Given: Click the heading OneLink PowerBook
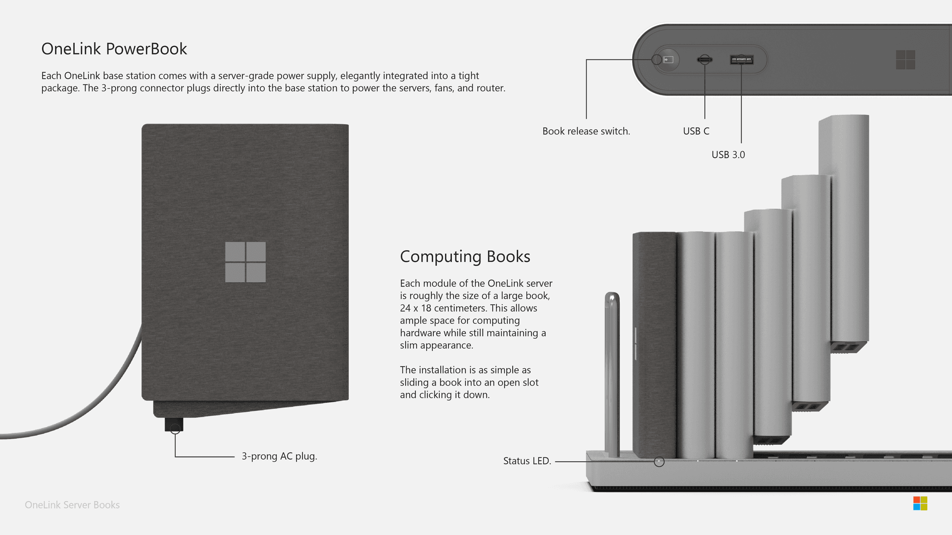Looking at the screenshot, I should [x=114, y=49].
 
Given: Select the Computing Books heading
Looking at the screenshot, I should [x=465, y=256].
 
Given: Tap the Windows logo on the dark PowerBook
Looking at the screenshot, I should [x=245, y=262].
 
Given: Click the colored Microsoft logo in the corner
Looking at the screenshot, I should [x=920, y=503].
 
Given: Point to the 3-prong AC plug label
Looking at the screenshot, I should [x=279, y=457].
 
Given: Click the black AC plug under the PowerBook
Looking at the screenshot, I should [x=174, y=424].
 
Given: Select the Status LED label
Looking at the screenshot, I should [x=527, y=461].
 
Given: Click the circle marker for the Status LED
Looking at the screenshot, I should [x=659, y=462].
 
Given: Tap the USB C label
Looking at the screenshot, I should [x=696, y=131].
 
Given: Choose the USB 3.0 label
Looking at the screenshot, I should [x=728, y=155].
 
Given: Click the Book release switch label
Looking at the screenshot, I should [x=586, y=131].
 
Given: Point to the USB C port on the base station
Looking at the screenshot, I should [x=705, y=59].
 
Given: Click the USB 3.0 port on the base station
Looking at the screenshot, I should [x=741, y=59].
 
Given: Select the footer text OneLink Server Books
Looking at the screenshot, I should [x=72, y=505].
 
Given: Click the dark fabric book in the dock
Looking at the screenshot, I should [x=654, y=344].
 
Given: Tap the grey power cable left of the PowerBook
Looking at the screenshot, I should [x=93, y=409].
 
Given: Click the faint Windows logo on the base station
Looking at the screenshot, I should [x=905, y=60].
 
